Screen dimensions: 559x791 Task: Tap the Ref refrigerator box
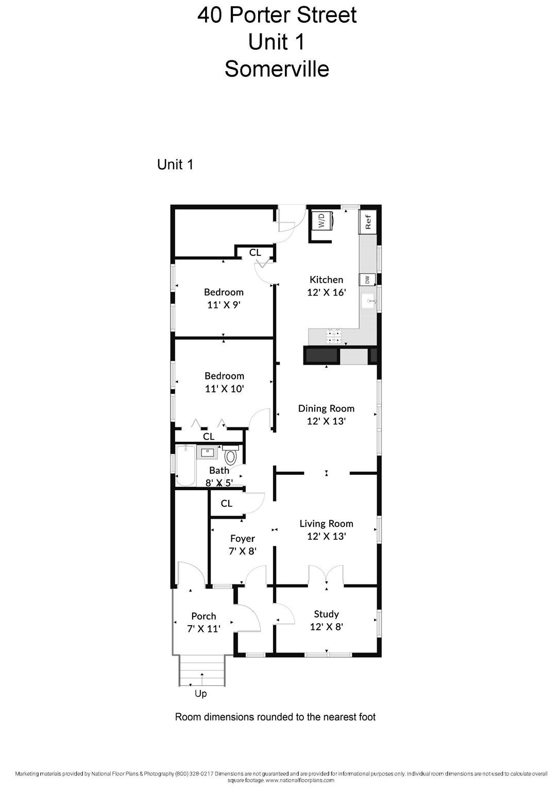point(367,222)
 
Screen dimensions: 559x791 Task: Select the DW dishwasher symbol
point(367,280)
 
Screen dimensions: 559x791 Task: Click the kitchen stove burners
point(334,336)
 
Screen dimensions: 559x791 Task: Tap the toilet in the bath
point(231,455)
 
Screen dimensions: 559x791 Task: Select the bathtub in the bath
point(185,466)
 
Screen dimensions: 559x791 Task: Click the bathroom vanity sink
point(207,452)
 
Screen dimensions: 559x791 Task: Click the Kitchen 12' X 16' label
point(326,286)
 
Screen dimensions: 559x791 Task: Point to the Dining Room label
point(326,408)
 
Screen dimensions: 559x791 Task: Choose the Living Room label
point(326,523)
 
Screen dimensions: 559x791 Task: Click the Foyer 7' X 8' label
point(242,544)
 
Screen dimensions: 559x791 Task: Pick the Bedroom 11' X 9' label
point(224,298)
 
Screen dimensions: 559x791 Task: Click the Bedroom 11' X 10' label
point(225,382)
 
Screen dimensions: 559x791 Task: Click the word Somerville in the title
point(277,68)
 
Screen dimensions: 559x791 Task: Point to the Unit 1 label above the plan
point(175,165)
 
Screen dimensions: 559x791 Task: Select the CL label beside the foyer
point(227,503)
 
